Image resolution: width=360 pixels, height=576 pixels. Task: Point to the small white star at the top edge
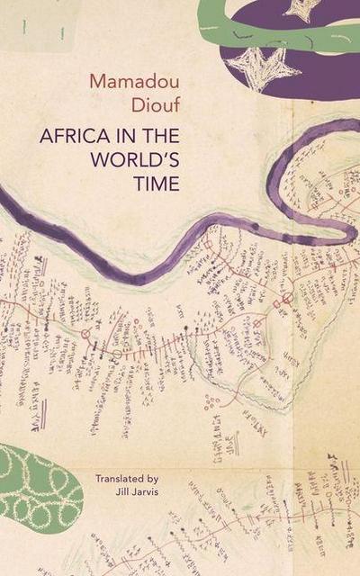pyautogui.click(x=301, y=8)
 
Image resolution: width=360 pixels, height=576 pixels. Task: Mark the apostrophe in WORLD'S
pyautogui.click(x=161, y=157)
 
